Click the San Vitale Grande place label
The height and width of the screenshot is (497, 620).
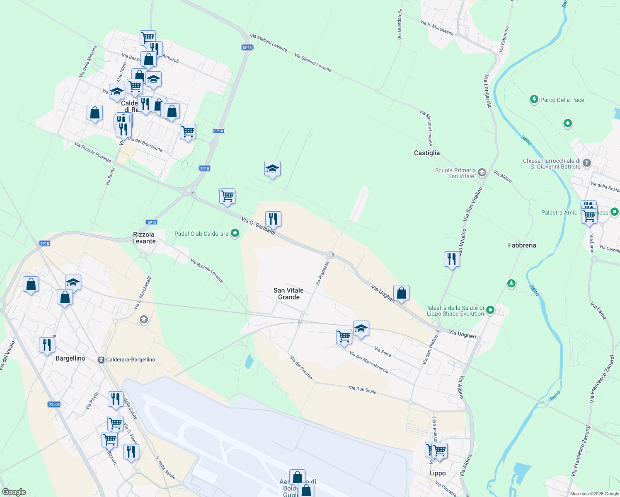(x=288, y=294)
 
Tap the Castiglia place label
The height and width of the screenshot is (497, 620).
(x=426, y=153)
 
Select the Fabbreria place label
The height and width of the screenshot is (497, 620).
(x=522, y=245)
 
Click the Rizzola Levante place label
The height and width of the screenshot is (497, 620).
(x=144, y=238)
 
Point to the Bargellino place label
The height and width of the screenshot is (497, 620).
(x=70, y=358)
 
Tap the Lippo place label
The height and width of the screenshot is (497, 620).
(x=437, y=473)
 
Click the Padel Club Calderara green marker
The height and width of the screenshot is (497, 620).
(x=235, y=234)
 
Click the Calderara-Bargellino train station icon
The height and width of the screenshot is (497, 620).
(x=101, y=359)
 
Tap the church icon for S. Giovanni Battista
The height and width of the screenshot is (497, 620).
(x=586, y=163)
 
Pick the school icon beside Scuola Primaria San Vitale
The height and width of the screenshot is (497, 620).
(x=482, y=172)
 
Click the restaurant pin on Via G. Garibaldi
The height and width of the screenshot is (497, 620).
(x=273, y=218)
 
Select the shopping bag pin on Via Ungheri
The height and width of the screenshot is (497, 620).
(x=401, y=293)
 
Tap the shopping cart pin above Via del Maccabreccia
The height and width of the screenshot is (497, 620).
(x=344, y=336)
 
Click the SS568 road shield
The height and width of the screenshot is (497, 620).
(x=54, y=404)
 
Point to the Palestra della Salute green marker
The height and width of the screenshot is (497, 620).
(x=490, y=310)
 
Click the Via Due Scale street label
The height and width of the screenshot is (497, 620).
(x=363, y=390)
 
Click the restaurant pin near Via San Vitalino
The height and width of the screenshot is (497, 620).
(x=451, y=259)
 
